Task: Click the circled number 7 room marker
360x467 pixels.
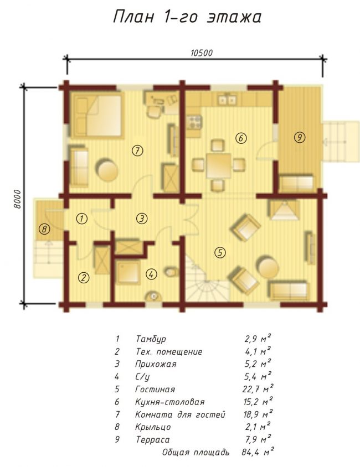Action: point(137,151)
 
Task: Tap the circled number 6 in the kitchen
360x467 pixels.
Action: point(241,138)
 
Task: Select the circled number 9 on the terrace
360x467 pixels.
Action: point(300,137)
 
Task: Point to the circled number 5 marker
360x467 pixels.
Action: point(220,252)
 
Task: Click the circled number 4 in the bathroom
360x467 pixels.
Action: point(151,274)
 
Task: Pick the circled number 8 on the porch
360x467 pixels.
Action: point(44,229)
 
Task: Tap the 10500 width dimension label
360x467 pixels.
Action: point(202,53)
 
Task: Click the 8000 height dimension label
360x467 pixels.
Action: point(18,199)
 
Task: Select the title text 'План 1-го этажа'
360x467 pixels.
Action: point(187,17)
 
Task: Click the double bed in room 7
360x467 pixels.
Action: point(96,116)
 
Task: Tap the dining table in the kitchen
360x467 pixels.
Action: point(219,166)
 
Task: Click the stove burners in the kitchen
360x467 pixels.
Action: point(194,122)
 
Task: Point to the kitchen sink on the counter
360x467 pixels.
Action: point(227,100)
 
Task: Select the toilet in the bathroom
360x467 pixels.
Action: point(171,272)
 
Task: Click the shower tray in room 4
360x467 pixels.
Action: point(127,272)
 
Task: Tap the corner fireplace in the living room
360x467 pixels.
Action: point(284,210)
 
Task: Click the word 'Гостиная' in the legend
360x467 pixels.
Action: point(155,390)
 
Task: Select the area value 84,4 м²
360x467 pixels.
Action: point(258,452)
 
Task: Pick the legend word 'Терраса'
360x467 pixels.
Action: point(152,439)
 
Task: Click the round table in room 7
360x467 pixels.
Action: point(107,170)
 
